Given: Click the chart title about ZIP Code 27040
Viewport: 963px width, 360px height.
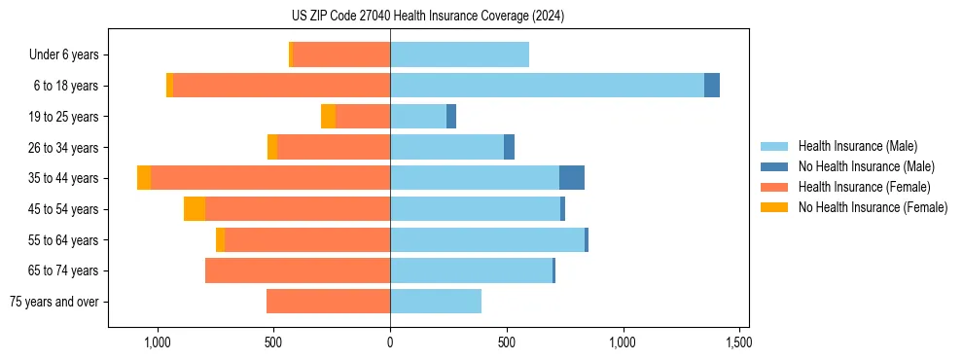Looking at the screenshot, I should [x=428, y=16].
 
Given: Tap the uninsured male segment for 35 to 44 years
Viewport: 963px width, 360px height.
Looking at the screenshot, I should [x=572, y=178].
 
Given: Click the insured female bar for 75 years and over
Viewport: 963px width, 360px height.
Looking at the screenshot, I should [x=328, y=302].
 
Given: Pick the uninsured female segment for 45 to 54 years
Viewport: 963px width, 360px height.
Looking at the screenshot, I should [x=195, y=209].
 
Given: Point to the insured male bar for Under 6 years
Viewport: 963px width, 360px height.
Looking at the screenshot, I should [x=459, y=54].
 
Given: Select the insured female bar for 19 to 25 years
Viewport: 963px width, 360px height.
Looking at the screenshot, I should [x=363, y=117].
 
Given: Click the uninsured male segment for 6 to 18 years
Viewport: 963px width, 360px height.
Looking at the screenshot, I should [x=712, y=86].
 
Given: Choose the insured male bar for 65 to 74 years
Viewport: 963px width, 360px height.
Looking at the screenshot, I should [x=471, y=270].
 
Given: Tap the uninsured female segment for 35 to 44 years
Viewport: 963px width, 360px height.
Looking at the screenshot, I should [x=144, y=178].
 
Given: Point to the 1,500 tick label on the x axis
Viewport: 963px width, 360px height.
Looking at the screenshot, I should [x=738, y=342].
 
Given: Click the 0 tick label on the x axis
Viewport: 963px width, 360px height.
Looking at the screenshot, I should [x=390, y=342].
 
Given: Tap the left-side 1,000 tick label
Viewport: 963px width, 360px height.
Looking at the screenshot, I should [x=157, y=342].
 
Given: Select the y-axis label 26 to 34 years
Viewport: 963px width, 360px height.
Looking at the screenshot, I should [x=64, y=148].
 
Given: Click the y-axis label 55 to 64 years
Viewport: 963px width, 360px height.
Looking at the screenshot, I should [x=64, y=240].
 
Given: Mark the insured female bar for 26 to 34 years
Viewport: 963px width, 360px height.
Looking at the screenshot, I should [x=334, y=147].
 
